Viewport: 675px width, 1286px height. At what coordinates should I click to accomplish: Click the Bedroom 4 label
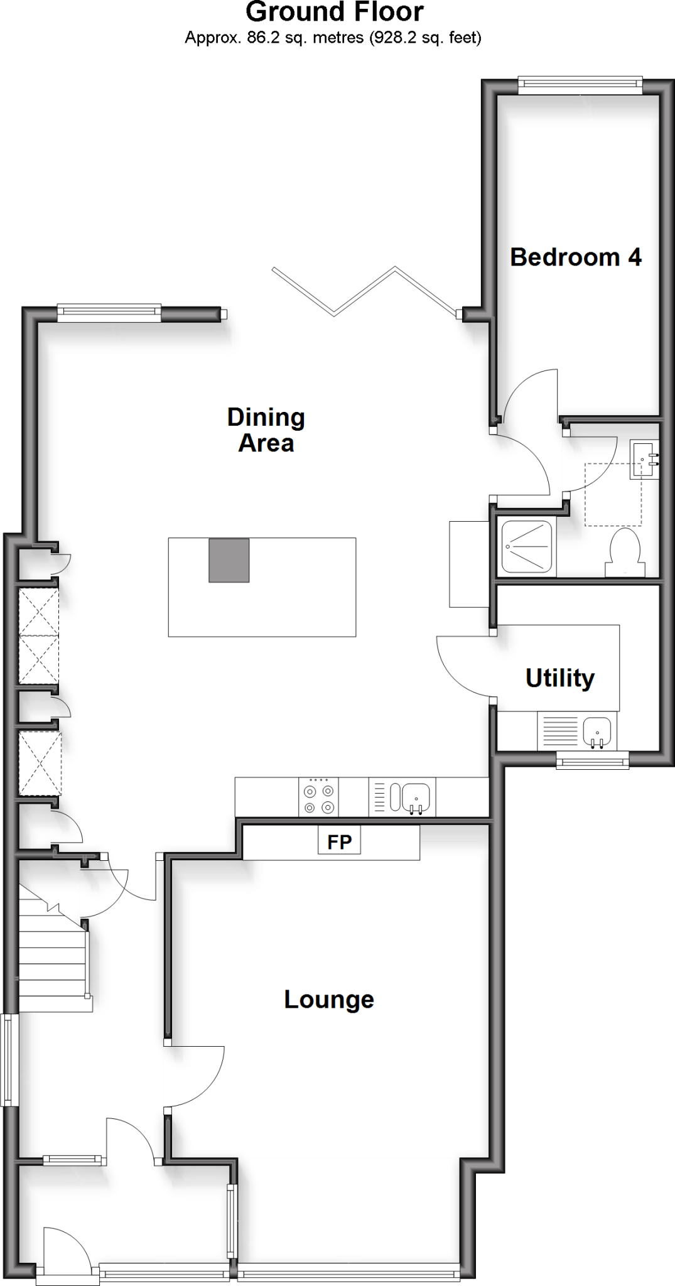pyautogui.click(x=575, y=257)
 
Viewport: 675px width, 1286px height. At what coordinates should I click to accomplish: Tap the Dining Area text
pyautogui.click(x=266, y=430)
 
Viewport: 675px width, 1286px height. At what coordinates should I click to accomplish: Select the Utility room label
pyautogui.click(x=559, y=678)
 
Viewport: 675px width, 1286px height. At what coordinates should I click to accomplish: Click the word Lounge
pyautogui.click(x=328, y=999)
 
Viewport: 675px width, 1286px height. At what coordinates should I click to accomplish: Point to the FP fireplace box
pyautogui.click(x=339, y=842)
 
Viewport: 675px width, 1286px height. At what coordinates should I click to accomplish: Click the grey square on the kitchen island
pyautogui.click(x=229, y=560)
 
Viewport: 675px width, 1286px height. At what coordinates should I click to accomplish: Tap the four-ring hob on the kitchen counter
pyautogui.click(x=318, y=796)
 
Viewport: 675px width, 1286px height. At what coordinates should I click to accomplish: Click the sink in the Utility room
pyautogui.click(x=597, y=732)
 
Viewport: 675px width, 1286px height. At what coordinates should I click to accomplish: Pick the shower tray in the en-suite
pyautogui.click(x=526, y=546)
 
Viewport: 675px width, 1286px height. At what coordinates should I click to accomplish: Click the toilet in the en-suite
pyautogui.click(x=625, y=553)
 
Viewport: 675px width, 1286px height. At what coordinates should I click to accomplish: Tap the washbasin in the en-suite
pyautogui.click(x=644, y=459)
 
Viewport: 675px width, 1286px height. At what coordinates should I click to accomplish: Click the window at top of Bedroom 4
pyautogui.click(x=580, y=85)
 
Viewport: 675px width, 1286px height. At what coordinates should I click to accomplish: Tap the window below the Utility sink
pyautogui.click(x=593, y=762)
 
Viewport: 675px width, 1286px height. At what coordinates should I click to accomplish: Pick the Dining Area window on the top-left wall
pyautogui.click(x=109, y=312)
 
